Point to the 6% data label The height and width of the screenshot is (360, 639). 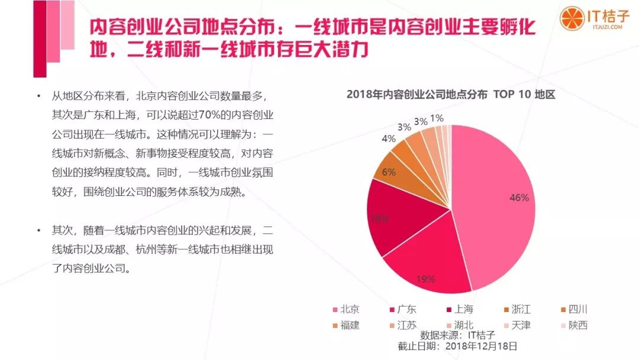388,172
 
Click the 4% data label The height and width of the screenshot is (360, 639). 388,139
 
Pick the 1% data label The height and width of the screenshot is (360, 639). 437,118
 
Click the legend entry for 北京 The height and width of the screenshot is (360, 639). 346,309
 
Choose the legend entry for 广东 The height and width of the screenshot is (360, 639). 402,309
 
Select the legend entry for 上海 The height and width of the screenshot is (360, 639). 459,309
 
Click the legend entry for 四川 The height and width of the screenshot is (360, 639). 573,309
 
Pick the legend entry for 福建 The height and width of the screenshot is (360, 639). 346,324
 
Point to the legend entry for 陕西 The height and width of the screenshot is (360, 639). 573,324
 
